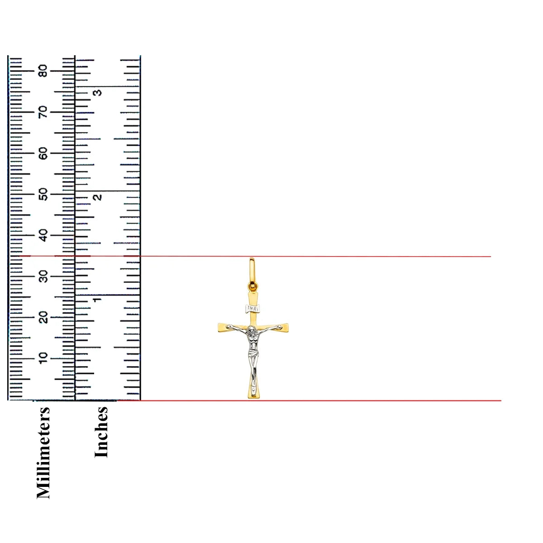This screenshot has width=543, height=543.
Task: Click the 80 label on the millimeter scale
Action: [43, 71]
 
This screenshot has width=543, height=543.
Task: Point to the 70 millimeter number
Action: [43, 112]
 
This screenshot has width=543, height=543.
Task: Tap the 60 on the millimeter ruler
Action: [43, 153]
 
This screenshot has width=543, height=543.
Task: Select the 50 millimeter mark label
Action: [43, 194]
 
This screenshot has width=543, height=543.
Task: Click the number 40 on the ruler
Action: [43, 235]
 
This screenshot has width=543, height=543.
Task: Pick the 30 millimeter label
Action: [43, 276]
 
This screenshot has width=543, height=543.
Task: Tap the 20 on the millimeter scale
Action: [43, 317]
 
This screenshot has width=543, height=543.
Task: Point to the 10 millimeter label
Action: [43, 358]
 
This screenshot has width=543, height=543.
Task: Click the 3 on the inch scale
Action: [97, 92]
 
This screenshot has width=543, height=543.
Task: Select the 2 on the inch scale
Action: [97, 197]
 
